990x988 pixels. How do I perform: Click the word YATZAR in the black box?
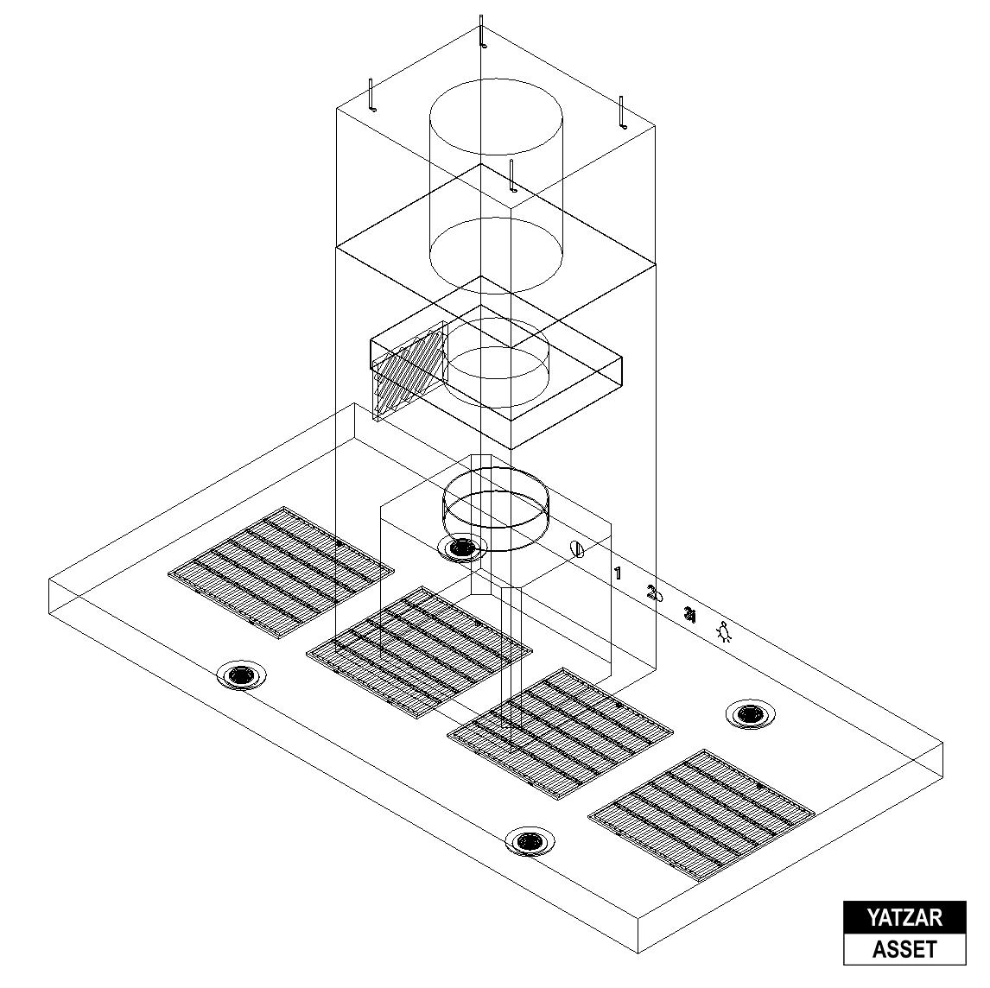click(904, 917)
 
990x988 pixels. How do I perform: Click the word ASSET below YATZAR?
click(904, 949)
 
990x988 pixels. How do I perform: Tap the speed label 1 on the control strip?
click(618, 573)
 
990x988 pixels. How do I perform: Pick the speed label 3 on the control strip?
click(689, 614)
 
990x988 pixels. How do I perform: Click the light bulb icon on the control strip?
click(726, 633)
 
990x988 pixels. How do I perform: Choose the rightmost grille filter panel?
click(701, 813)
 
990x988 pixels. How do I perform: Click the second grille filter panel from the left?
click(420, 651)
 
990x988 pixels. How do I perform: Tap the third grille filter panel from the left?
click(560, 733)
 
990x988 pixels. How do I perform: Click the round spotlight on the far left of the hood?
click(242, 675)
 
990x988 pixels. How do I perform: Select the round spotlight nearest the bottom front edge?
click(530, 839)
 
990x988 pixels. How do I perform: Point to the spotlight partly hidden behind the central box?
click(463, 547)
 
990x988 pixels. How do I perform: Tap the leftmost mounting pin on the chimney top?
click(371, 94)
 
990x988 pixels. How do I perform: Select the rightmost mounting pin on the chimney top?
click(621, 112)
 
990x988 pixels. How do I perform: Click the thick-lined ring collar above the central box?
click(497, 510)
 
